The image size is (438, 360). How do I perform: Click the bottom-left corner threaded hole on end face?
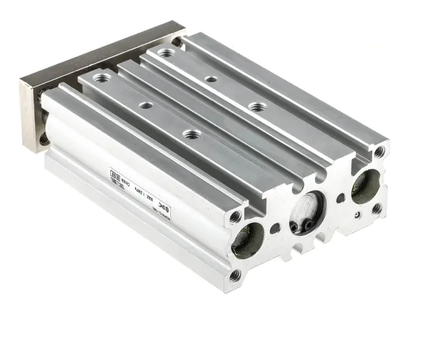235,275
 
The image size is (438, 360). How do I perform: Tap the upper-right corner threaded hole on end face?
379,151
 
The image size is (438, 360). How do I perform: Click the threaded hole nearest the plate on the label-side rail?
100,78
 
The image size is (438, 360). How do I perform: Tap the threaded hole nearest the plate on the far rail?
166,53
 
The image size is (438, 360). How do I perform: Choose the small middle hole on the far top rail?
211,80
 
